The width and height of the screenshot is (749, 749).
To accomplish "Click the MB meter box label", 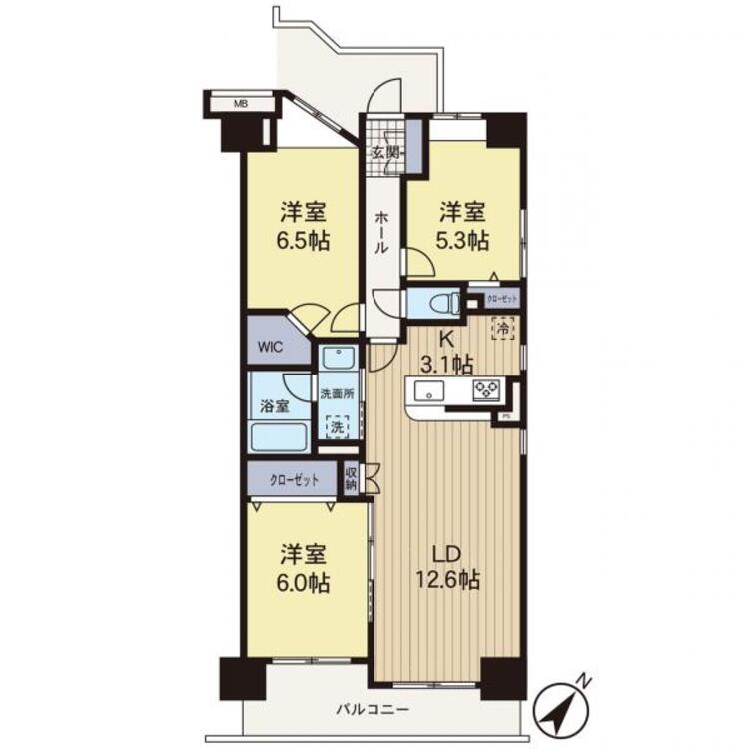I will pyautogui.click(x=240, y=102).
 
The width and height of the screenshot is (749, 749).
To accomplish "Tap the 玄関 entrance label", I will pyautogui.click(x=385, y=153).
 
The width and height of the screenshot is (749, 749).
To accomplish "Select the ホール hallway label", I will pyautogui.click(x=382, y=233).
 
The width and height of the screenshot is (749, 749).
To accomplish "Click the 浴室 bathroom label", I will pyautogui.click(x=275, y=406).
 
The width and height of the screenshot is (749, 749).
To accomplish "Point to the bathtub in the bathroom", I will pyautogui.click(x=280, y=436).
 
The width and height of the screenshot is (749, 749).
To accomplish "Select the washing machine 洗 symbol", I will pyautogui.click(x=337, y=426).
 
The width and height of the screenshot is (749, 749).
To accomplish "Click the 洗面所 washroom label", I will pyautogui.click(x=337, y=394).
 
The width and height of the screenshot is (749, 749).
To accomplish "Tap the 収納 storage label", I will pyautogui.click(x=352, y=478).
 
